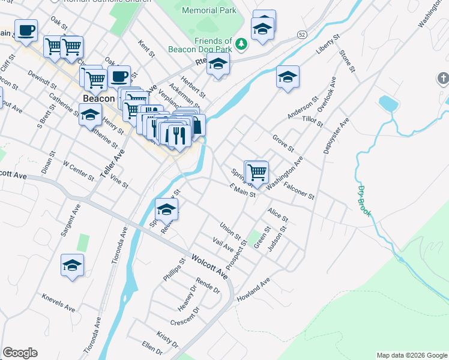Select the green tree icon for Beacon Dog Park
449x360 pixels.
click(x=241, y=43)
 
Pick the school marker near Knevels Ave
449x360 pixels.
click(x=72, y=266)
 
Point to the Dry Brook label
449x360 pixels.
click(x=366, y=200)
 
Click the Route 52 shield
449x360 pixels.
click(x=302, y=35)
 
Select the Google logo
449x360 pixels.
click(x=20, y=353)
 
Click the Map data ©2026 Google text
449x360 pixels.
click(x=411, y=355)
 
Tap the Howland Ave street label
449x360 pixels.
click(x=253, y=290)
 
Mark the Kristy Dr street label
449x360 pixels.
click(x=167, y=339)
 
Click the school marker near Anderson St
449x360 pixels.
click(x=288, y=77)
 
